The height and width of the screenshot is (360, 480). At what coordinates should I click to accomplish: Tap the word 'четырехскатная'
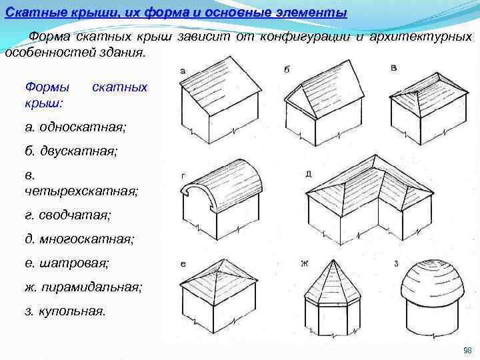[x=81, y=191]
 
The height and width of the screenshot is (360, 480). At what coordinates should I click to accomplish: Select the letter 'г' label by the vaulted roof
[x=183, y=175]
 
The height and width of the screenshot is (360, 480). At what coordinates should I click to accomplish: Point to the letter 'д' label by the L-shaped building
[x=308, y=174]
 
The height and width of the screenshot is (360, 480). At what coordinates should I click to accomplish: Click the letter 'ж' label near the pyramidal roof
[x=304, y=263]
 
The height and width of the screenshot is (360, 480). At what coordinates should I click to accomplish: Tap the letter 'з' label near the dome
[x=397, y=263]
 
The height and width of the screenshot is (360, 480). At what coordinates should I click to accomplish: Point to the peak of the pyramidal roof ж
[x=331, y=259]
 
